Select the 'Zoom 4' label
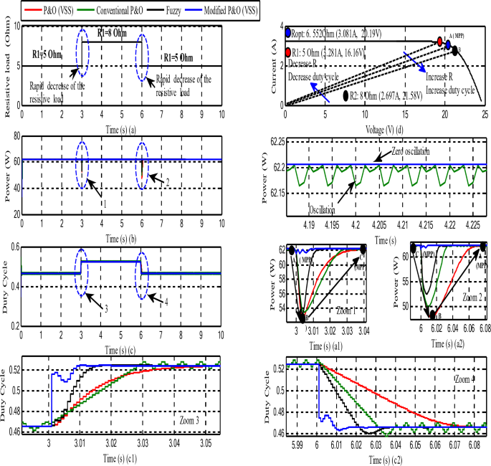coord(467,377)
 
